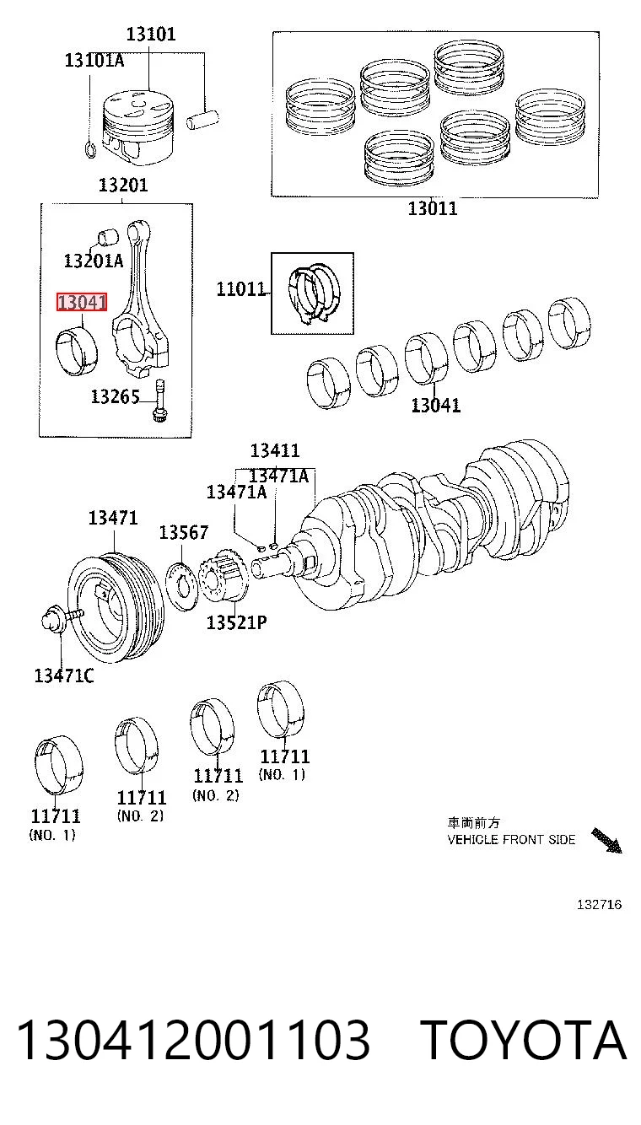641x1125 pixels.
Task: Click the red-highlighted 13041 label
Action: click(82, 303)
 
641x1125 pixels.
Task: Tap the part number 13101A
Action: click(94, 61)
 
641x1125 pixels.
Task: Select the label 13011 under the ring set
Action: click(433, 208)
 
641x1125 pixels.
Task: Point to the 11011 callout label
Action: click(240, 288)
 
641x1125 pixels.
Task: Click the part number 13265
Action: click(115, 396)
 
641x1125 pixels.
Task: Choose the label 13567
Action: click(183, 532)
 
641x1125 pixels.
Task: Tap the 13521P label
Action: click(237, 622)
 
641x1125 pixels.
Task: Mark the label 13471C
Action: click(64, 676)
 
